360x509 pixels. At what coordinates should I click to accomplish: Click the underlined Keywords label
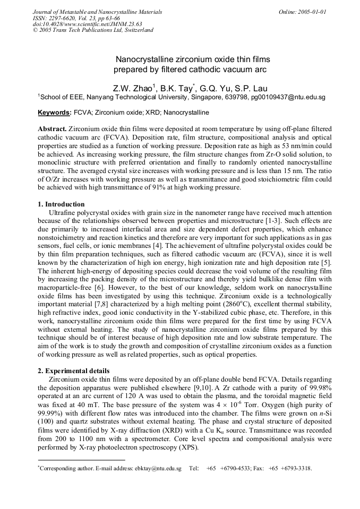54,113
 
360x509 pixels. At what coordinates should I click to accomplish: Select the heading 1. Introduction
61,204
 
